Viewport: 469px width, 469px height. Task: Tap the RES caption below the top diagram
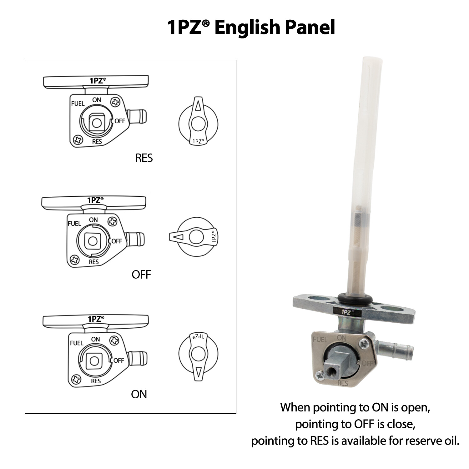click(144, 158)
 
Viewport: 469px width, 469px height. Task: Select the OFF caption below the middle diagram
click(141, 275)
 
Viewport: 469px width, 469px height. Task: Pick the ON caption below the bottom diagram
click(139, 394)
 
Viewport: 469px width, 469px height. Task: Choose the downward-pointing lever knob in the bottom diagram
click(198, 356)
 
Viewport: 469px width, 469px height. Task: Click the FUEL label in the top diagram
click(78, 103)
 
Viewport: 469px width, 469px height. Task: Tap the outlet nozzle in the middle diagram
click(134, 239)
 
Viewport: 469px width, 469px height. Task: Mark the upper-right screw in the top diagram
click(115, 102)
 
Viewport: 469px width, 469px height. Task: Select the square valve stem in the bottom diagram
click(94, 361)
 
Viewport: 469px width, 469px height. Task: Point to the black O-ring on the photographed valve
click(355, 299)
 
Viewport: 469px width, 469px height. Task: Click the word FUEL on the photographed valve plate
click(320, 340)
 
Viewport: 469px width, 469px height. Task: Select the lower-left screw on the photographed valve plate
click(319, 375)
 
